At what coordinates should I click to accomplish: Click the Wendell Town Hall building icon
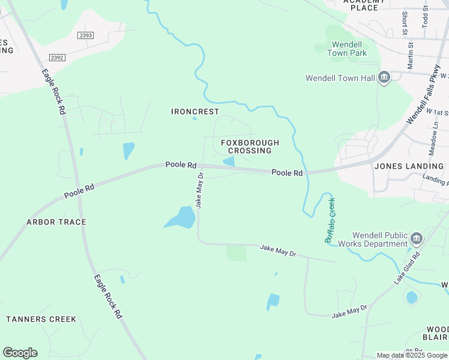(x=384, y=77)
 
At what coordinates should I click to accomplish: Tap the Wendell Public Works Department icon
(x=415, y=240)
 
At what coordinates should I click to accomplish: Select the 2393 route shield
(x=86, y=35)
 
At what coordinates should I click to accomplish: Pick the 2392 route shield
(x=58, y=57)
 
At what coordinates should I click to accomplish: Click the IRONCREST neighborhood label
(x=195, y=112)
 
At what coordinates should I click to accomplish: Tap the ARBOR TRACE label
(x=56, y=222)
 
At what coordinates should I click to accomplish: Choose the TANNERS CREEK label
(x=41, y=319)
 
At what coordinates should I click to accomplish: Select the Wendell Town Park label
(x=347, y=49)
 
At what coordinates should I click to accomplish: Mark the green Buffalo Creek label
(x=331, y=220)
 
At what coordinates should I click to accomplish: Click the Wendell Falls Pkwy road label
(x=424, y=96)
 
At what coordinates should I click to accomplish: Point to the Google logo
(x=20, y=353)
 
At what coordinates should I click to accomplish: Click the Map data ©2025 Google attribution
(x=411, y=355)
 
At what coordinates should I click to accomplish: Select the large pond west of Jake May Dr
(x=180, y=217)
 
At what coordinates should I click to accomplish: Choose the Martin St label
(x=411, y=55)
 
